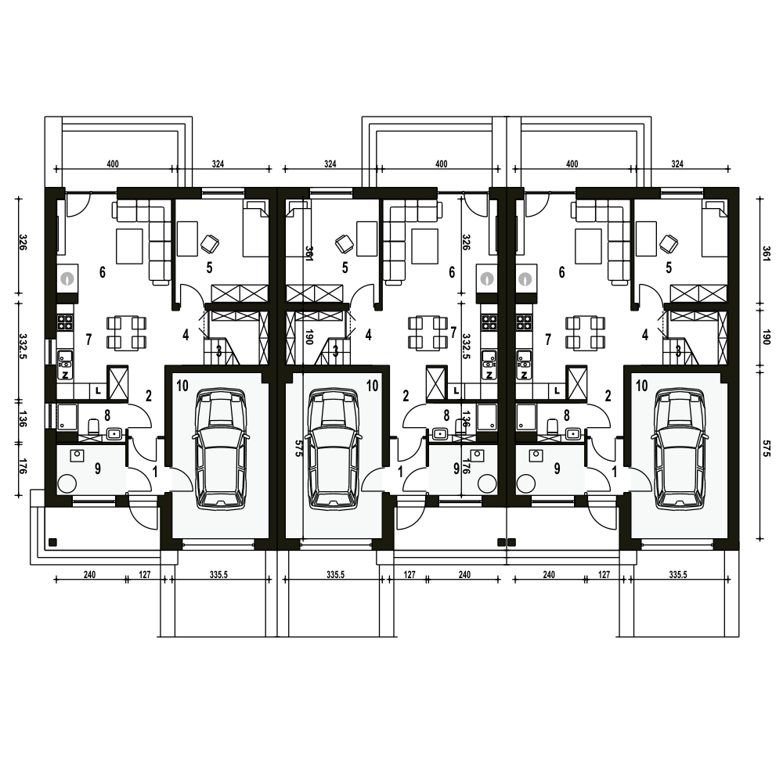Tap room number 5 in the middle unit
click(x=345, y=268)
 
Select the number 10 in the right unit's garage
click(x=642, y=385)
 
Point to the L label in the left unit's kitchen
click(x=99, y=391)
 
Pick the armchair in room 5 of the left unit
click(x=210, y=243)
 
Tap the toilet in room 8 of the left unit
click(x=93, y=426)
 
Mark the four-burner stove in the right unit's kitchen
click(x=524, y=321)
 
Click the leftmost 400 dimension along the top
click(x=113, y=163)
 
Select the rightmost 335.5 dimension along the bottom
click(x=677, y=574)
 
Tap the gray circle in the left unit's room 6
click(x=67, y=278)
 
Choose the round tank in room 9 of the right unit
click(x=525, y=483)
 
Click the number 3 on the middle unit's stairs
click(x=336, y=350)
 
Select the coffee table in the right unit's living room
click(x=588, y=246)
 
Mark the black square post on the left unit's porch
click(x=53, y=542)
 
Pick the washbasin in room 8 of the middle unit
click(x=440, y=433)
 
